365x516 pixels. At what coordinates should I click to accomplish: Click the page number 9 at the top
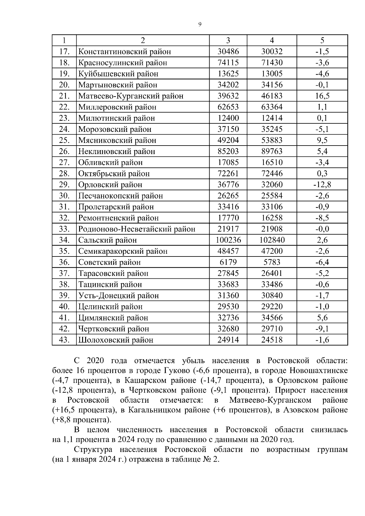pyautogui.click(x=200, y=25)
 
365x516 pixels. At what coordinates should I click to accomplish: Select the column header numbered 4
pyautogui.click(x=272, y=40)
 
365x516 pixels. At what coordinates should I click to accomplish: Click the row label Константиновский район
pyautogui.click(x=124, y=52)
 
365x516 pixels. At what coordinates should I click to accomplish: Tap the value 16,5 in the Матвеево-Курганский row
pyautogui.click(x=322, y=96)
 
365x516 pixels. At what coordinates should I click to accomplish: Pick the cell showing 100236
pyautogui.click(x=228, y=240)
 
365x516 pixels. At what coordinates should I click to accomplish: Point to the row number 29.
pyautogui.click(x=64, y=185)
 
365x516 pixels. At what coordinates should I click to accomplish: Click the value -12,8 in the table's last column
pyautogui.click(x=322, y=185)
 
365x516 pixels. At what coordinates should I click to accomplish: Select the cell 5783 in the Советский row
pyautogui.click(x=272, y=262)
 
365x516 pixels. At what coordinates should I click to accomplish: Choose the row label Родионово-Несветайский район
pyautogui.click(x=137, y=229)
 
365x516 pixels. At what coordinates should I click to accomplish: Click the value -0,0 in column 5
pyautogui.click(x=322, y=229)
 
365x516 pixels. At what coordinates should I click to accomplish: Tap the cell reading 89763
pyautogui.click(x=272, y=151)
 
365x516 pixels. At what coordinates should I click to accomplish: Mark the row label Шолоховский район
pyautogui.click(x=116, y=340)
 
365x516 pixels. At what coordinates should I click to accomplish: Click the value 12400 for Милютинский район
pyautogui.click(x=228, y=118)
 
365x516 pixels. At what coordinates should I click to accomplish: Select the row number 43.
pyautogui.click(x=64, y=340)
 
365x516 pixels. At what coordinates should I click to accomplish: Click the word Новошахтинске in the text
pyautogui.click(x=318, y=371)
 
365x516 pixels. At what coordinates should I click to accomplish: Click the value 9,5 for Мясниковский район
pyautogui.click(x=322, y=140)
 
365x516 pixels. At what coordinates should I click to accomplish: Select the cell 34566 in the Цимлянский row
pyautogui.click(x=272, y=318)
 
